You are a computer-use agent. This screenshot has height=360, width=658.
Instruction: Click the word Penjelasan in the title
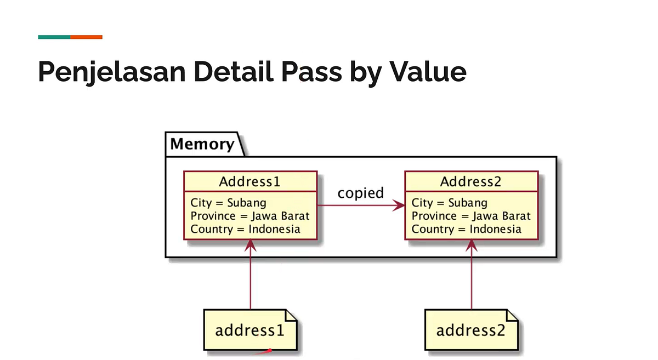[104, 72]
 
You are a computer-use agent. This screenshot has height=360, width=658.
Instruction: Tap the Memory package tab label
[202, 144]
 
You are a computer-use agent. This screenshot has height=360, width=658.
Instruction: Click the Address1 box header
[250, 181]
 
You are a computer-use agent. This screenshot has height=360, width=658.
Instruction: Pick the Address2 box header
[471, 181]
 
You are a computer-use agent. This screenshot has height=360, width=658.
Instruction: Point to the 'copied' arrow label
[360, 193]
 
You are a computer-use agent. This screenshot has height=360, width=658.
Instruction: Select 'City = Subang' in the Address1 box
[228, 203]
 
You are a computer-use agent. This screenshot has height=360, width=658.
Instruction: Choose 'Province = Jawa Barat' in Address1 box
[250, 216]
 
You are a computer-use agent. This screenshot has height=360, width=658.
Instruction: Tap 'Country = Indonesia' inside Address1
[245, 229]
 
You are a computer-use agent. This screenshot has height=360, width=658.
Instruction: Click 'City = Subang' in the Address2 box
[450, 203]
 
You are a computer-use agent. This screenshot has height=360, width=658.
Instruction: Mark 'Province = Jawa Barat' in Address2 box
[471, 216]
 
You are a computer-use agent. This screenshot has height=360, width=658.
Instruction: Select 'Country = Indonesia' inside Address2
[467, 229]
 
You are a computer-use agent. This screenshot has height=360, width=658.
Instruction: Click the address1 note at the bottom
[250, 330]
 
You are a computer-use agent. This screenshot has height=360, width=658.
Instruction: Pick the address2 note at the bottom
[471, 330]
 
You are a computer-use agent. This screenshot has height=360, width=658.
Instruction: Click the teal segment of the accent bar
[54, 37]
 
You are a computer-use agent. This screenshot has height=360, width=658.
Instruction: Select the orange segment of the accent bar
[86, 37]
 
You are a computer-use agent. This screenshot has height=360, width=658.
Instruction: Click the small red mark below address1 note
[268, 351]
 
